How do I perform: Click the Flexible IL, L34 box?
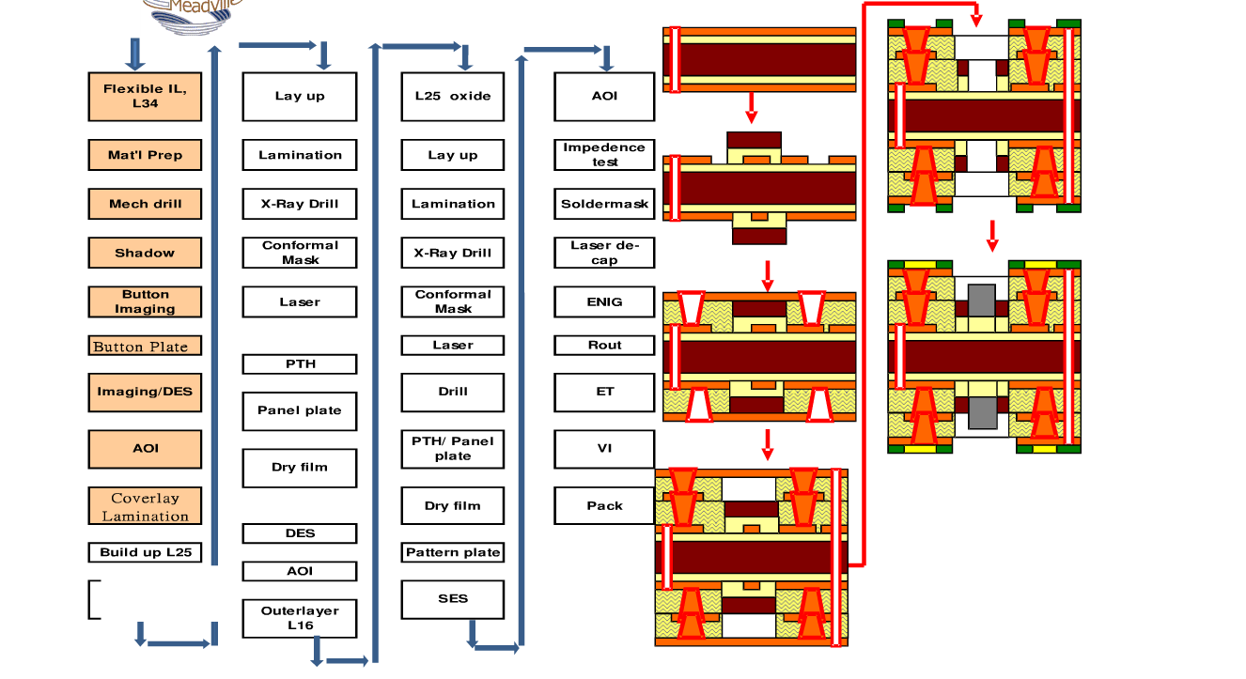coord(145,96)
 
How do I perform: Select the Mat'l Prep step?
coord(145,155)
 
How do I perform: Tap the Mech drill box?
coord(145,204)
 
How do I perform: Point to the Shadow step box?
coord(145,253)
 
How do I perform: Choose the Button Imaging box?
coord(145,302)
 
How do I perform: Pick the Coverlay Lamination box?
coord(145,506)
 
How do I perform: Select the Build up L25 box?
coord(145,552)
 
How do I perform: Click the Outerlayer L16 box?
coord(300,618)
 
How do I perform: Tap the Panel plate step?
coord(300,411)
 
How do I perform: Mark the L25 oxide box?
coord(453,96)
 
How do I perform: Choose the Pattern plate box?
coord(453,552)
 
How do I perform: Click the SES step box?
coord(453,599)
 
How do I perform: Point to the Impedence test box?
coord(604,155)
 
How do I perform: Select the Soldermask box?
coord(604,204)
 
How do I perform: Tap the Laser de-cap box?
coord(604,253)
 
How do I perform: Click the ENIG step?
coord(604,302)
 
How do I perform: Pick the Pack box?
coord(604,506)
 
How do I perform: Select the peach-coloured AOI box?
coord(145,449)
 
